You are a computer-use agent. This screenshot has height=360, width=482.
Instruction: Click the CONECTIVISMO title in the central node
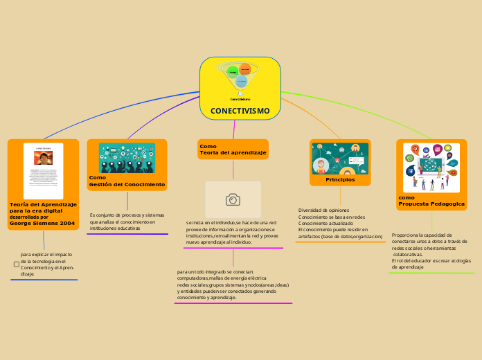pos(240,111)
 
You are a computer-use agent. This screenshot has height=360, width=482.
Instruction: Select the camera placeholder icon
pos(233,199)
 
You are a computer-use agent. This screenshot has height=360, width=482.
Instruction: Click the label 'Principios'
pos(340,179)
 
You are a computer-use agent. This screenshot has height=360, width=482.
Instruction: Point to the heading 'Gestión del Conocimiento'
pos(127,185)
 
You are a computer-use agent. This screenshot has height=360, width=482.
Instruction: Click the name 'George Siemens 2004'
pos(42,224)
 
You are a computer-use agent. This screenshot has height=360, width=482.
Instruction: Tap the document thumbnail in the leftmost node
pos(43,171)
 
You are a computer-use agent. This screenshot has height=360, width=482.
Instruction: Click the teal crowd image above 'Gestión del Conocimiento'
pos(127,157)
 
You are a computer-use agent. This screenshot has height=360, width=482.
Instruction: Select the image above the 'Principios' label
pos(340,159)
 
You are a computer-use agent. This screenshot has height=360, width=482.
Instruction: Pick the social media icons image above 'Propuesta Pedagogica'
pos(431,168)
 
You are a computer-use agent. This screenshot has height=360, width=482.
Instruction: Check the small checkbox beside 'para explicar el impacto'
pos(17,264)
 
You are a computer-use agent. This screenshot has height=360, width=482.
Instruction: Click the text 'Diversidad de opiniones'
pos(323,210)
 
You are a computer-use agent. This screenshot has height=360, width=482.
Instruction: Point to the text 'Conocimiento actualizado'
pos(325,224)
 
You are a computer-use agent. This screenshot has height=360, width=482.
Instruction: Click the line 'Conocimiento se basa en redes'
pos(332,217)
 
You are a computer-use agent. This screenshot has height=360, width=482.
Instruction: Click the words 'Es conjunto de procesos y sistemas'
pos(127,215)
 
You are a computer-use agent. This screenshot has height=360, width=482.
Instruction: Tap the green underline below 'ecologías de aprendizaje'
pos(432,273)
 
